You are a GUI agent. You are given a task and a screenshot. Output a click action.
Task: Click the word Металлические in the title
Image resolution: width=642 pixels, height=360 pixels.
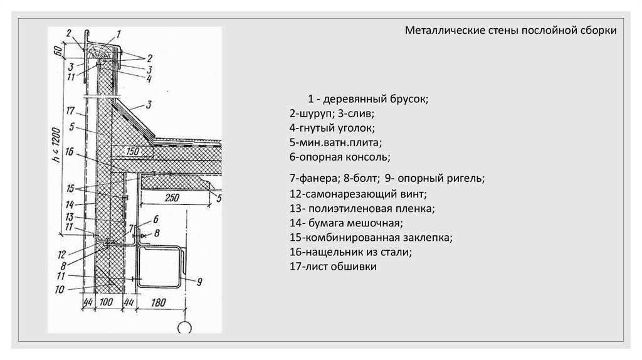pyautogui.click(x=434, y=31)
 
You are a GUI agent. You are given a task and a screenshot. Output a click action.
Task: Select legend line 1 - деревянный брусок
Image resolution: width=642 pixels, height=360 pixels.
pyautogui.click(x=367, y=100)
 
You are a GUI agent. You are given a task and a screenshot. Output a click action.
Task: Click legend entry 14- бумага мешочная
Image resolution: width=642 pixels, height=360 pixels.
pyautogui.click(x=346, y=223)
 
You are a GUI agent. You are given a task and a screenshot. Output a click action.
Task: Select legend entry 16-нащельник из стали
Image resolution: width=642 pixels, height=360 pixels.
pyautogui.click(x=350, y=252)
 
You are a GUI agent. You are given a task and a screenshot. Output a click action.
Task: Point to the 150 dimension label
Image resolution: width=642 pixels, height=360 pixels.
pyautogui.click(x=132, y=151)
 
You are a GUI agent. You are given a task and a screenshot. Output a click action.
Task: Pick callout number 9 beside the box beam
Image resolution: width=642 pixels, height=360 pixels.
pyautogui.click(x=199, y=282)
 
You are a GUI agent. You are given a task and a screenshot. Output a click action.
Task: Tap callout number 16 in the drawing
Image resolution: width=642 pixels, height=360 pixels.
pyautogui.click(x=70, y=152)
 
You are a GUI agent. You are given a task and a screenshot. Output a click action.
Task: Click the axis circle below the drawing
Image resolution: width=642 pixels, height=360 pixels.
pyautogui.click(x=185, y=328)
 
